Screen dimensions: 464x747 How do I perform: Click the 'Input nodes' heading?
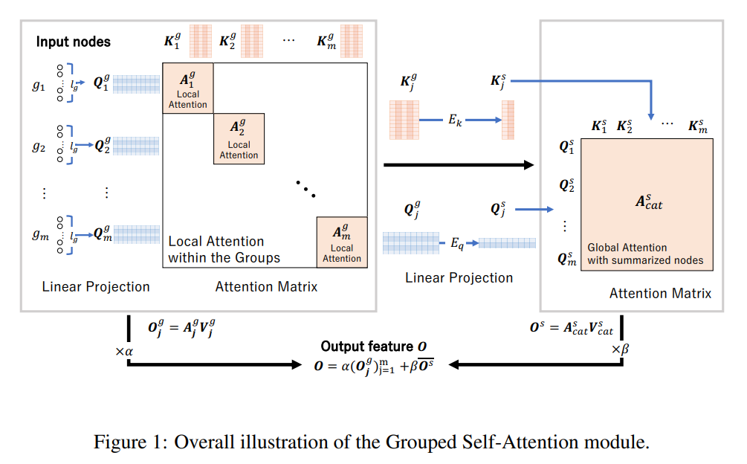pos(73,42)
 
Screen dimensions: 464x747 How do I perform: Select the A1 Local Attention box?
pos(188,88)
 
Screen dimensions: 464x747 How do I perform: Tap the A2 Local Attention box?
pos(239,139)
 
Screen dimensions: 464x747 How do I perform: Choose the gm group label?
pos(39,236)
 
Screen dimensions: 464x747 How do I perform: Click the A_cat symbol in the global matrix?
pos(648,202)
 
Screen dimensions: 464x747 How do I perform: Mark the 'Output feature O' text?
pos(374,347)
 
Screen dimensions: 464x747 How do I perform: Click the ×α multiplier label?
pos(124,350)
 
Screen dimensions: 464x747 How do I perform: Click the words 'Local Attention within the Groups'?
pos(224,250)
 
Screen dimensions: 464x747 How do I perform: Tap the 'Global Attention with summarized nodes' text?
pos(645,254)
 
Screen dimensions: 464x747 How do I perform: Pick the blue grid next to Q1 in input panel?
pos(137,84)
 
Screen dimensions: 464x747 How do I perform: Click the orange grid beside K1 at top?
pos(200,42)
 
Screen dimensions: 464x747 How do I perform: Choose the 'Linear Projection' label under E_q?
pos(459,277)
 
